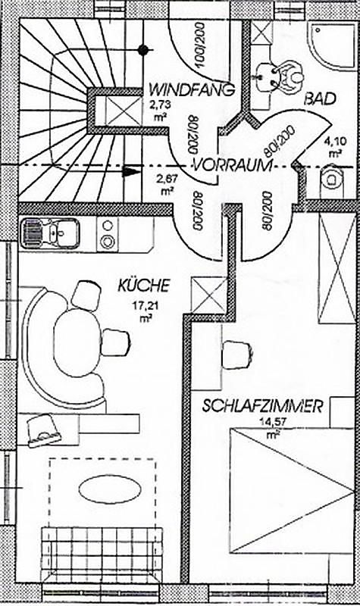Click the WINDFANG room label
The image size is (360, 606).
(193, 89)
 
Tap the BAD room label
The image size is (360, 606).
(319, 99)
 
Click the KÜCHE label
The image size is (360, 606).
(144, 286)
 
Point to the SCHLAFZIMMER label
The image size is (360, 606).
(262, 407)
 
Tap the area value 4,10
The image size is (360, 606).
(335, 142)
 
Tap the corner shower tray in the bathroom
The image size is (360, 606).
(332, 45)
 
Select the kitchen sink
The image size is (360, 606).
(49, 233)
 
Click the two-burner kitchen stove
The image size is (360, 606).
(108, 233)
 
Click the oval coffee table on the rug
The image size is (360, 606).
(109, 489)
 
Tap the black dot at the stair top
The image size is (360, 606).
(143, 49)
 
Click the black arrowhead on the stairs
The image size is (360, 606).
(130, 171)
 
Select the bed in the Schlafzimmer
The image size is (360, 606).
(292, 490)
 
